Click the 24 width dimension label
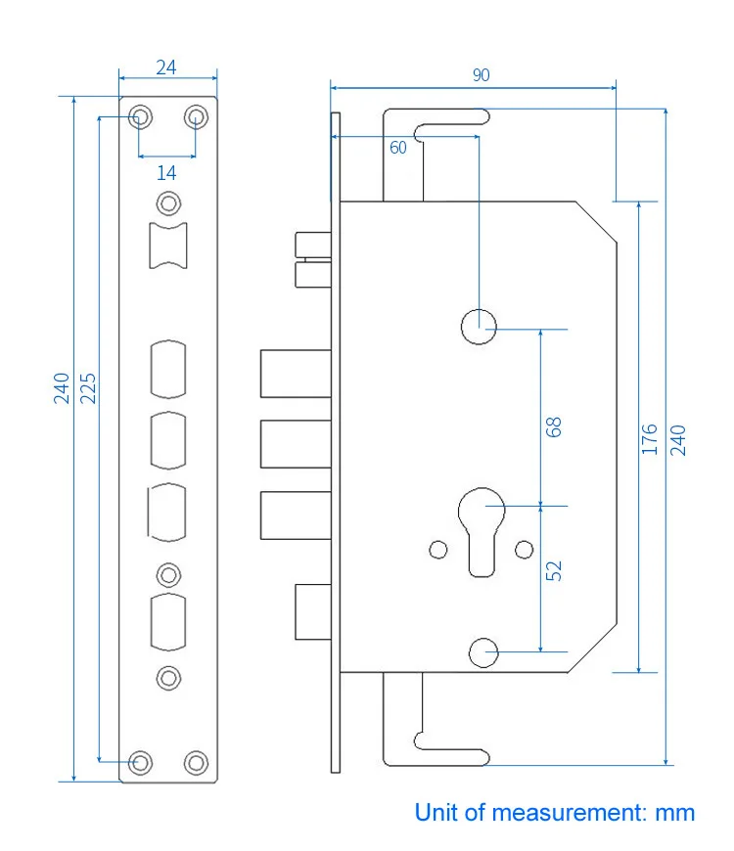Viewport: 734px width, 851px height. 166,67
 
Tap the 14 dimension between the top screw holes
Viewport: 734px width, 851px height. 166,172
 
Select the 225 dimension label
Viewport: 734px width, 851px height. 88,389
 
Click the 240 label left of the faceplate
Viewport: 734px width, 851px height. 63,389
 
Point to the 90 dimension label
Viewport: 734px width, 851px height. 481,75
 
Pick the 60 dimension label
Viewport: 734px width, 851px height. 397,148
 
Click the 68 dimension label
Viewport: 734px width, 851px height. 554,426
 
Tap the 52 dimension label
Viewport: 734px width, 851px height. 554,571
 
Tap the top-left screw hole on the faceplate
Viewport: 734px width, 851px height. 140,117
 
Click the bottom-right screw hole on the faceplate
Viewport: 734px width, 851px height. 197,762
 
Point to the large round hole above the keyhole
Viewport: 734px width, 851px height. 479,327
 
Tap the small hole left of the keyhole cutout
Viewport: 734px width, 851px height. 437,550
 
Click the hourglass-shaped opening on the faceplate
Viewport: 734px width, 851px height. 168,245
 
